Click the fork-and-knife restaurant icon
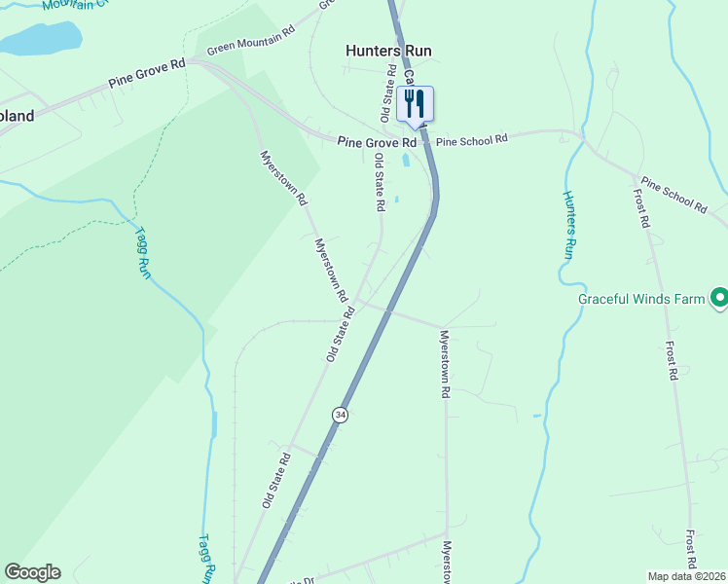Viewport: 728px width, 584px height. click(416, 104)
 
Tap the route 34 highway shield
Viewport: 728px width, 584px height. click(340, 415)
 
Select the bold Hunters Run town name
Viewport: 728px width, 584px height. click(388, 51)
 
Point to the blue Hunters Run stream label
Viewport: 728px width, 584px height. click(569, 223)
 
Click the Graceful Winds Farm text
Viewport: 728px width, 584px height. click(640, 299)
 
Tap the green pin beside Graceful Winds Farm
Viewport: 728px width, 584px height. click(719, 297)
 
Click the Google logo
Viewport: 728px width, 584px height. click(32, 572)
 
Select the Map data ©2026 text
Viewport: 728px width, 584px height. click(686, 576)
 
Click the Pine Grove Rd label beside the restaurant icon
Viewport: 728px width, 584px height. click(377, 142)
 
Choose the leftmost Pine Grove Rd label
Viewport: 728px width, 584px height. click(147, 74)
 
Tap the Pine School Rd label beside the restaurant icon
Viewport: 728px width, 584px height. click(472, 140)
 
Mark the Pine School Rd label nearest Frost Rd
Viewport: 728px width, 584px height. click(673, 195)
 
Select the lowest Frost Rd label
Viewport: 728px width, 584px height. click(690, 551)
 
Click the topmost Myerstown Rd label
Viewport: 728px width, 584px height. click(283, 177)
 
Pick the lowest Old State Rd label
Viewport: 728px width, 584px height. click(276, 480)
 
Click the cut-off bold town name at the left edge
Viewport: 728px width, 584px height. click(17, 116)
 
